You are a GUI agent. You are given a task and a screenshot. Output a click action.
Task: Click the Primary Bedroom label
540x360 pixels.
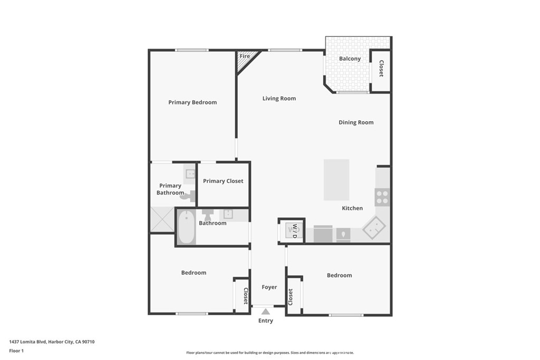coord(192,102)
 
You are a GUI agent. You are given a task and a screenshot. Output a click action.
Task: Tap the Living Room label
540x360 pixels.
coord(279,99)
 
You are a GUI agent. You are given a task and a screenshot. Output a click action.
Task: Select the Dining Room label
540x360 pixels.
coord(356,122)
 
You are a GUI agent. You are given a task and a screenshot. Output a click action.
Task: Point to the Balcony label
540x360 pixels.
coord(350,59)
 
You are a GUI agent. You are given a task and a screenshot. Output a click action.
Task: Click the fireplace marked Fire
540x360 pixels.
coord(246,59)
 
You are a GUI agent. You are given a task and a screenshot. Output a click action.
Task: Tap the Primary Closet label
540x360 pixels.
coord(223,181)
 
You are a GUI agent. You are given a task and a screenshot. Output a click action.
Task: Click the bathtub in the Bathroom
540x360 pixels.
coord(186,228)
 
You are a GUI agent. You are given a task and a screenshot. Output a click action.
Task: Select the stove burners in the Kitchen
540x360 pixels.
coord(382,198)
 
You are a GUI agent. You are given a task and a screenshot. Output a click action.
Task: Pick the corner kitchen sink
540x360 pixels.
coord(374,228)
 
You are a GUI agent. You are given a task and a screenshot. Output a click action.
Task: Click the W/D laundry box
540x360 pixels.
coord(292,231)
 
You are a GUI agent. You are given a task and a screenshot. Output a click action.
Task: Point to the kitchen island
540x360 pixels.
coord(336,180)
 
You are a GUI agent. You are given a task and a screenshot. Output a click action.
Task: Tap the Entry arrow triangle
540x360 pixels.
coord(266,312)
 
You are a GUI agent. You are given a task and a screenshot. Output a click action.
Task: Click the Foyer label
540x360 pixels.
coord(269,287)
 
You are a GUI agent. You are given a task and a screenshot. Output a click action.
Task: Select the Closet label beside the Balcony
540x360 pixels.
coord(381,69)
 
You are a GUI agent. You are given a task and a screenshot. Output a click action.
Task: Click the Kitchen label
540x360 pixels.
coord(352,208)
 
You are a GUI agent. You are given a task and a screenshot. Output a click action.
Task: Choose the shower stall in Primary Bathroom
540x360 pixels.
coord(162,219)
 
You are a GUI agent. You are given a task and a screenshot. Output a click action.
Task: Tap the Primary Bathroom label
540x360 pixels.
coord(170,189)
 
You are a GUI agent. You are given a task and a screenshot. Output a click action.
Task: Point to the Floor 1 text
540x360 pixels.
coord(16,351)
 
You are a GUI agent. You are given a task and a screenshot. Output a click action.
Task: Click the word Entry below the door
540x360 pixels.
coord(266,321)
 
